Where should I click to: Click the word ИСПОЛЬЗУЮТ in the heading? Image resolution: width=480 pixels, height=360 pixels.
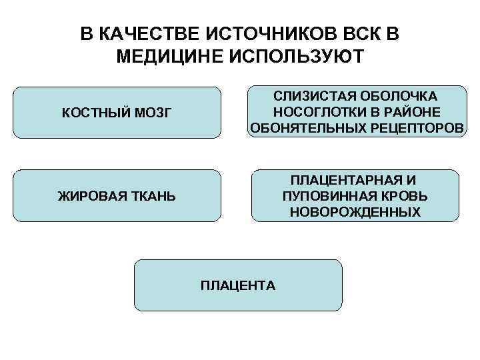[295, 56]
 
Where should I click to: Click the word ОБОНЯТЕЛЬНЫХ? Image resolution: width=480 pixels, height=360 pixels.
[305, 127]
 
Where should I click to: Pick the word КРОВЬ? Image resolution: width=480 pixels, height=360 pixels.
[406, 197]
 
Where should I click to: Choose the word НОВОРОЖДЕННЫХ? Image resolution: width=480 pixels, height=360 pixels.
[355, 213]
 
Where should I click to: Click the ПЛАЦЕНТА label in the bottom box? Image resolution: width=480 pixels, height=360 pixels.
[238, 285]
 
